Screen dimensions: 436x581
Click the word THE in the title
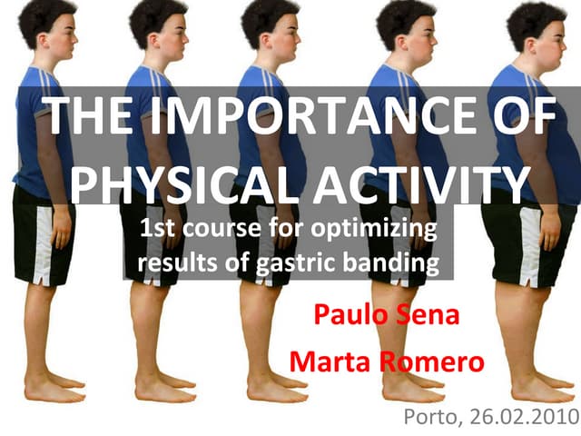pos(91,117)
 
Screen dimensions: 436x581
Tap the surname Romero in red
pos(430,362)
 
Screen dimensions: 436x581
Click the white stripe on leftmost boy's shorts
pos(41,245)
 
